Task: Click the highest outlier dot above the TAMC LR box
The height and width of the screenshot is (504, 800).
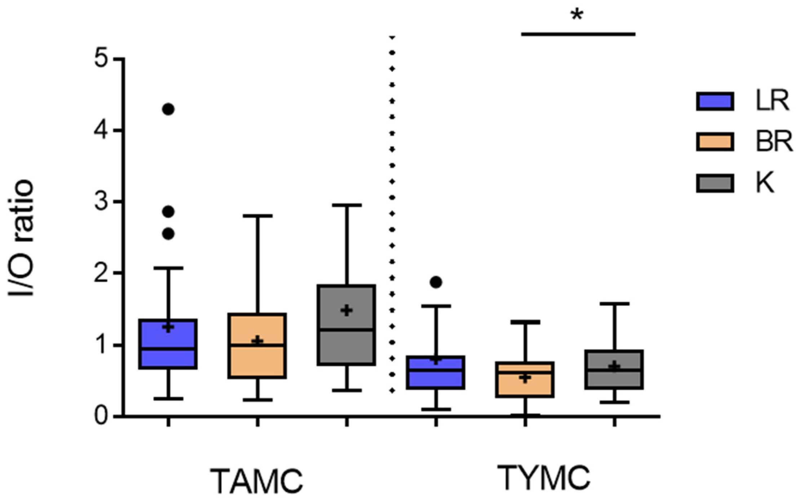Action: [x=168, y=109]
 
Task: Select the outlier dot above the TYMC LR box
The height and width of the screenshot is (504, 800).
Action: [x=436, y=282]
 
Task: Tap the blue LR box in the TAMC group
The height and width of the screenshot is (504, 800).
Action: [x=168, y=344]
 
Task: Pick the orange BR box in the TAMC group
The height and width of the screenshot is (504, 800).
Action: [x=257, y=346]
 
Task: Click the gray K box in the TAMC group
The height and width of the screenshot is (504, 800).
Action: [x=346, y=325]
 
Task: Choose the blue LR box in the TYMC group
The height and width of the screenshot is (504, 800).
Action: [x=436, y=372]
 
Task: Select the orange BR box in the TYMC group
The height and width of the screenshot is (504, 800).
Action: [x=525, y=379]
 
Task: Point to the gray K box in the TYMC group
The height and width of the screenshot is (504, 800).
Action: [x=614, y=369]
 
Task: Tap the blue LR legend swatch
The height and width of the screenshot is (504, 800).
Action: [x=715, y=101]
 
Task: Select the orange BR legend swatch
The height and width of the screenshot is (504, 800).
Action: [x=715, y=142]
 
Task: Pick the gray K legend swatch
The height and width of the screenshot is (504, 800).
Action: [x=715, y=183]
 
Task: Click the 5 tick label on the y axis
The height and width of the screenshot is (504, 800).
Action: [x=102, y=58]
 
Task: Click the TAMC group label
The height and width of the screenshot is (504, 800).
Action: [x=257, y=481]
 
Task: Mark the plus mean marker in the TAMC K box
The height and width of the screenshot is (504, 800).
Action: [x=346, y=310]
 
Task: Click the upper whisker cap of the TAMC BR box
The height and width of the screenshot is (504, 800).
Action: [x=257, y=216]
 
